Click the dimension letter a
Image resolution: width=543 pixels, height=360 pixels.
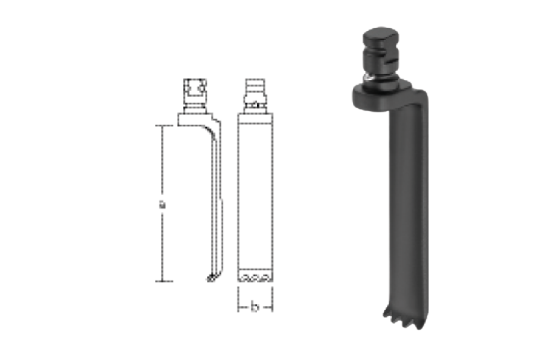click(x=162, y=204)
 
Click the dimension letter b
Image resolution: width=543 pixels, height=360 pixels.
click(x=255, y=307)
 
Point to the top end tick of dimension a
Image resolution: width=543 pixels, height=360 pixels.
click(x=164, y=126)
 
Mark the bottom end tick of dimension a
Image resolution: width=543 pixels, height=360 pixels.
click(x=164, y=281)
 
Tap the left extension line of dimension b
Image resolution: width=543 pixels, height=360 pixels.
click(x=238, y=299)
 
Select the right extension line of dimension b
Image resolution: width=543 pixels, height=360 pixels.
click(x=272, y=299)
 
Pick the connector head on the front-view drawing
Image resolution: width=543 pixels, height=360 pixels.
click(x=255, y=95)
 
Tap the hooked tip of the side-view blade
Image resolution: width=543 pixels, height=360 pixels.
click(x=211, y=278)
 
